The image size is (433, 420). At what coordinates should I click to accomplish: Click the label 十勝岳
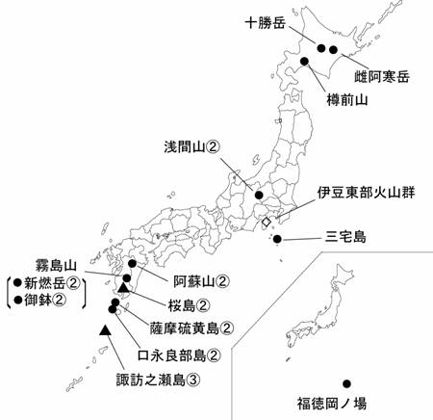(267, 20)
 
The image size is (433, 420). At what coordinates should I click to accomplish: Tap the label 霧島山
(41, 263)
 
